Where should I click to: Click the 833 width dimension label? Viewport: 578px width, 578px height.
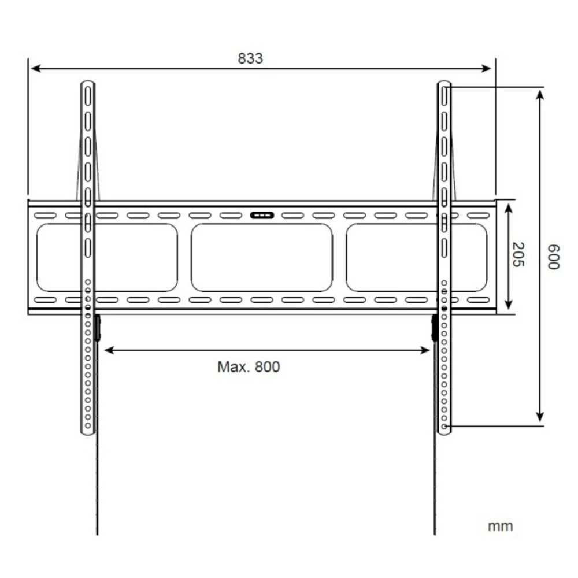click(250, 58)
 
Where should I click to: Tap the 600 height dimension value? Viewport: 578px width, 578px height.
click(553, 256)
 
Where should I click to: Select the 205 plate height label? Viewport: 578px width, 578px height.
click(517, 254)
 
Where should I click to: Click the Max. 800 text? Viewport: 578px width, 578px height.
click(249, 367)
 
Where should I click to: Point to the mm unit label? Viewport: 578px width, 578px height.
click(500, 527)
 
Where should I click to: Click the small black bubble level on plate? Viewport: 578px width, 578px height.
click(261, 216)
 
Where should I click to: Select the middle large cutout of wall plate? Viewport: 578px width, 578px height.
click(262, 258)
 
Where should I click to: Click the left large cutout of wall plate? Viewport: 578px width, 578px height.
click(107, 258)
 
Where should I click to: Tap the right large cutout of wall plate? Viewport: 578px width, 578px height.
click(416, 258)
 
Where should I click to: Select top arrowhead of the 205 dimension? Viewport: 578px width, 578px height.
click(508, 206)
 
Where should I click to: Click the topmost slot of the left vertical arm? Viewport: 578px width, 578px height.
click(88, 96)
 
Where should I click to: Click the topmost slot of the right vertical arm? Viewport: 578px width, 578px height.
click(444, 96)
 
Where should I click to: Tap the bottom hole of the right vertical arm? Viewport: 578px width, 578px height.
click(444, 427)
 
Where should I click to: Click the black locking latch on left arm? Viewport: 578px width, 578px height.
click(98, 328)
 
